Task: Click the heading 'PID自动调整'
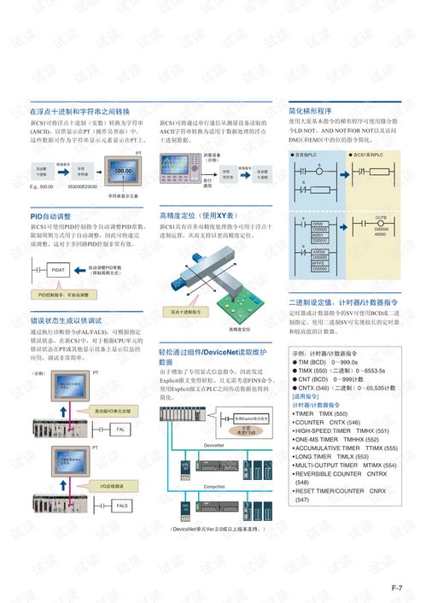[51, 217]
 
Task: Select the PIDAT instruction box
[58, 269]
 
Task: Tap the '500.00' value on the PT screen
[122, 172]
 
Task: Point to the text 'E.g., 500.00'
[41, 186]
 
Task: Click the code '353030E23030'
[82, 186]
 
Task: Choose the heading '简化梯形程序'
[310, 111]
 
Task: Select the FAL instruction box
[121, 429]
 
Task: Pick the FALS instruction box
[121, 506]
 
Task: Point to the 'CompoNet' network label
[214, 486]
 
